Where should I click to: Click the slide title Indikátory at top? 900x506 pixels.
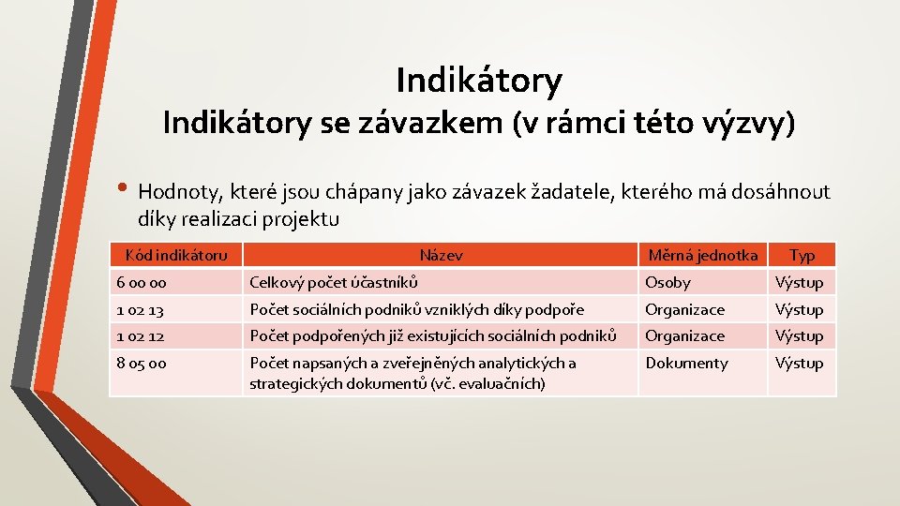coord(479,81)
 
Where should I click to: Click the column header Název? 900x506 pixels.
coord(441,255)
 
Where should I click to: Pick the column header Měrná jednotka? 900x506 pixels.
coord(703,255)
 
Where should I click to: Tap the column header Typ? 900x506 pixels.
coord(802,255)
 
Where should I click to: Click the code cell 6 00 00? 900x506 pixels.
coord(142,282)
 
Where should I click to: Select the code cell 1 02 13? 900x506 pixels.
coord(141,309)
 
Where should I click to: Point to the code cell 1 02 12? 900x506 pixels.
coord(141,335)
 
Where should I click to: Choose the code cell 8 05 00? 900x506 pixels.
coord(142,363)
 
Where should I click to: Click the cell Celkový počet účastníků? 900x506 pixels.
coord(334,282)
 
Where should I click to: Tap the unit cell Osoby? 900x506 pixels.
coord(667,282)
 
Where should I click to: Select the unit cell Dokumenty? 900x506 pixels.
coord(686,363)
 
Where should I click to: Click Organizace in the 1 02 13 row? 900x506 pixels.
coord(684,309)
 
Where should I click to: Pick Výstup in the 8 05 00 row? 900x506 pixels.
coord(799,363)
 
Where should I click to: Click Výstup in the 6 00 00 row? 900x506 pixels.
coord(799,282)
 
